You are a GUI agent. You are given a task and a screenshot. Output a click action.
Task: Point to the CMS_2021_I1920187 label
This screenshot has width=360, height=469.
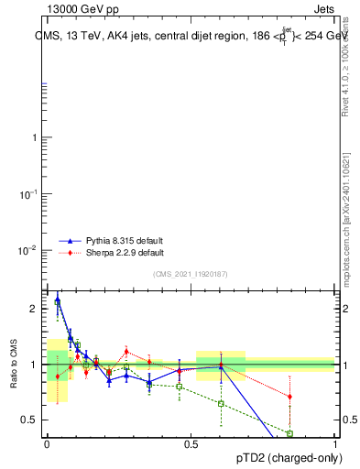click(191, 274)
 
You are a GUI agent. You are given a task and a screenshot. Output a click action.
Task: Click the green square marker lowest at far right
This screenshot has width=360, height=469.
click(289, 433)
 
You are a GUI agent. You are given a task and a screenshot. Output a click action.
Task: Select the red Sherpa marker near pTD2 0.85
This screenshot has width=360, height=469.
click(289, 397)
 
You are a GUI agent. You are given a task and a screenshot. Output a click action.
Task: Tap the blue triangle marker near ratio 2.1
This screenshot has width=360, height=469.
click(58, 300)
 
